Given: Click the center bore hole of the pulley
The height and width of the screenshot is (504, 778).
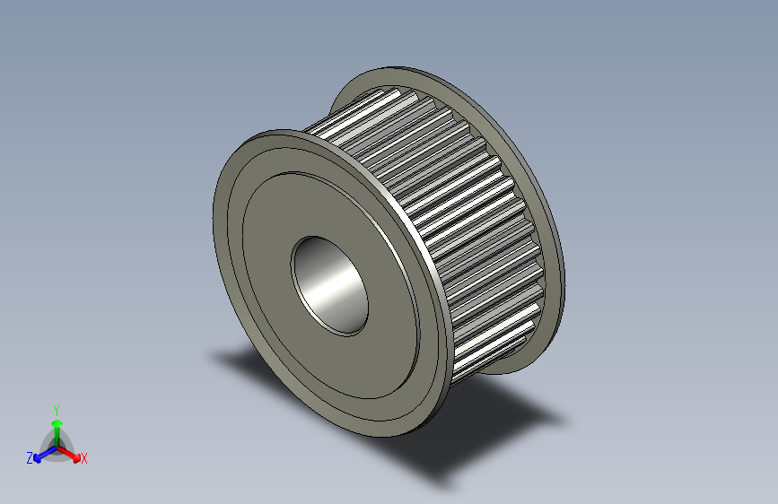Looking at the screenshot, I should [330, 284].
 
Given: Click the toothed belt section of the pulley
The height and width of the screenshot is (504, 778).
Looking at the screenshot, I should [449, 206].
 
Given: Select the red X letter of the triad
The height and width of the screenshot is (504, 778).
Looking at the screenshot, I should [84, 458].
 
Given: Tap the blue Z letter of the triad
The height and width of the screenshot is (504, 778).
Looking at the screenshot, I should [29, 457].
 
